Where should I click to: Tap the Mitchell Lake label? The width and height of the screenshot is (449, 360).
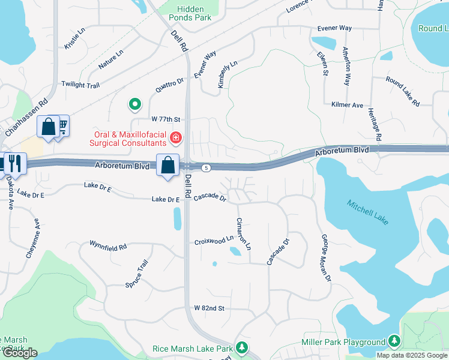pyautogui.click(x=368, y=212)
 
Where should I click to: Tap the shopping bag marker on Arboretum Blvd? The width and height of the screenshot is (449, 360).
pyautogui.click(x=168, y=164)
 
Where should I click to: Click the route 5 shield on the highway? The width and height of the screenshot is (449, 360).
pyautogui.click(x=206, y=167)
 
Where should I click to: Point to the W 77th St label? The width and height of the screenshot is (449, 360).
pyautogui.click(x=166, y=119)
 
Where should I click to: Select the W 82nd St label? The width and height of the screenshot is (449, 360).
pyautogui.click(x=209, y=308)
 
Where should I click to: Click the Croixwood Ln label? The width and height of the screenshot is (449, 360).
pyautogui.click(x=214, y=242)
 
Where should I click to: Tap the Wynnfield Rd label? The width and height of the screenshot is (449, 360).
pyautogui.click(x=108, y=246)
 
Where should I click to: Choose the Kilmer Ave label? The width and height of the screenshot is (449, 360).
pyautogui.click(x=348, y=105)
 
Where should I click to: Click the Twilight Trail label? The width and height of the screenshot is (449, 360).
pyautogui.click(x=80, y=86)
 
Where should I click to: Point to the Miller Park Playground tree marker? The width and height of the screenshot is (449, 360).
pyautogui.click(x=394, y=341)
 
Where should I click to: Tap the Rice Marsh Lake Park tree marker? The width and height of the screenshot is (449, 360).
pyautogui.click(x=242, y=347)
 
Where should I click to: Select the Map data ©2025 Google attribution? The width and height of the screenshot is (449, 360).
pyautogui.click(x=412, y=355)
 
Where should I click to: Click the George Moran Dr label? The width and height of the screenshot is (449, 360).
pyautogui.click(x=326, y=258)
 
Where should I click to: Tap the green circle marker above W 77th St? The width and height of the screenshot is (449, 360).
pyautogui.click(x=136, y=104)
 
